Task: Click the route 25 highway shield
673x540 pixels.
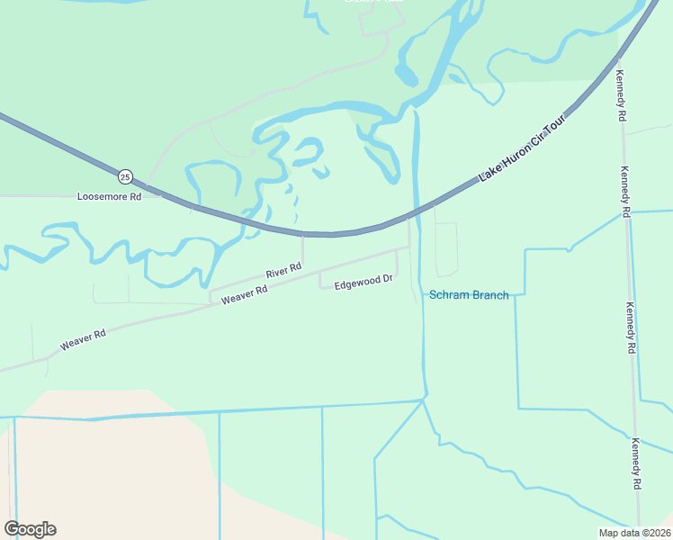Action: click(125, 175)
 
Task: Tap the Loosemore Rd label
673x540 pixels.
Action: click(110, 196)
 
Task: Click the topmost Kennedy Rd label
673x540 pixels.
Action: click(620, 94)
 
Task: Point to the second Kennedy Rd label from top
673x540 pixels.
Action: click(625, 193)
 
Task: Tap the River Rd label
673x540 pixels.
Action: click(283, 270)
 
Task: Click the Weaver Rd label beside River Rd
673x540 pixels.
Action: click(245, 295)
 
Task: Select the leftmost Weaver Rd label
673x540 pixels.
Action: click(84, 339)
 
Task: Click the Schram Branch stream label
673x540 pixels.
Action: click(469, 295)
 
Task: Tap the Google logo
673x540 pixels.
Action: click(30, 529)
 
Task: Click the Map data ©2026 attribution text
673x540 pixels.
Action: click(634, 533)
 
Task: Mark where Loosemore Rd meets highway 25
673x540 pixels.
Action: click(160, 193)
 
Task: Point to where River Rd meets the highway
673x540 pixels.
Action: click(302, 234)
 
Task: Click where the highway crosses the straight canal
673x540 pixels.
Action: click(416, 215)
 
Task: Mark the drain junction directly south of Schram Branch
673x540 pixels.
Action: click(424, 400)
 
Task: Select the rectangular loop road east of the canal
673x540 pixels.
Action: click(446, 249)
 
